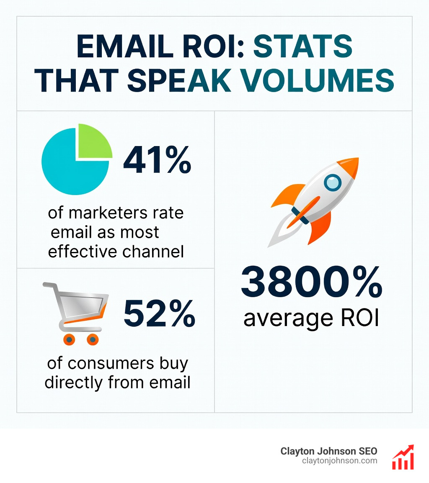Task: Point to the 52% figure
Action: coord(159,314)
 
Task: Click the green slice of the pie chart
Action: coord(95,141)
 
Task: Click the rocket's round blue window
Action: coord(333,182)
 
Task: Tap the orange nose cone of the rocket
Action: coord(350,164)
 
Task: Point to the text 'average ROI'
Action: coord(311,319)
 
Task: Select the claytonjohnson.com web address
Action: coord(339,461)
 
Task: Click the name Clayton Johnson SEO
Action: coord(329,451)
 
